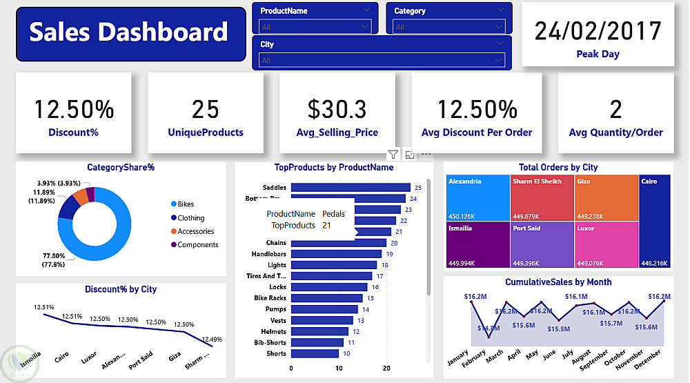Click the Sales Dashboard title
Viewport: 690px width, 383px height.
(x=129, y=32)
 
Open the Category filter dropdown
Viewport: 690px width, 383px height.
(x=451, y=27)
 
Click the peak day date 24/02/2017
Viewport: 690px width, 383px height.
(x=598, y=31)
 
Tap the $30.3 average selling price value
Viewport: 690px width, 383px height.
(x=337, y=109)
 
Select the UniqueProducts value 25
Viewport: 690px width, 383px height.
(x=206, y=109)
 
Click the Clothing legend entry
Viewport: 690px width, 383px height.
(x=190, y=218)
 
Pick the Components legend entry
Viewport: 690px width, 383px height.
(x=197, y=244)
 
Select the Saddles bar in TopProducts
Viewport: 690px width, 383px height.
(x=351, y=188)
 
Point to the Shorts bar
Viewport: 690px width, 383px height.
(x=315, y=353)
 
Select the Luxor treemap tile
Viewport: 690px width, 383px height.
(x=606, y=244)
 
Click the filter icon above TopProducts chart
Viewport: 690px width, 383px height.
(x=393, y=155)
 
